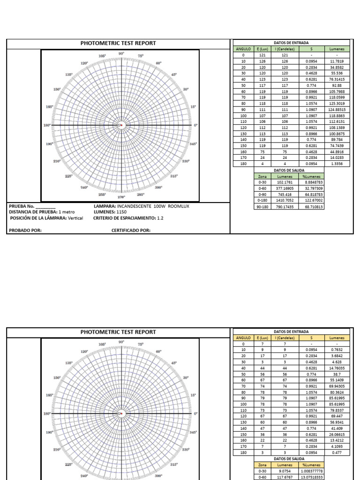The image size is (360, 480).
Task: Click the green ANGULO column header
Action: pyautogui.click(x=243, y=49)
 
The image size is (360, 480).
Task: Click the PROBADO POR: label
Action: pyautogui.click(x=25, y=230)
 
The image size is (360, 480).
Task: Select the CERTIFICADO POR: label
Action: pyautogui.click(x=131, y=230)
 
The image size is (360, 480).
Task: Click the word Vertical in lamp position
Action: pyautogui.click(x=75, y=218)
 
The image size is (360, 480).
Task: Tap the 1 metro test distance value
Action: pyautogui.click(x=67, y=212)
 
